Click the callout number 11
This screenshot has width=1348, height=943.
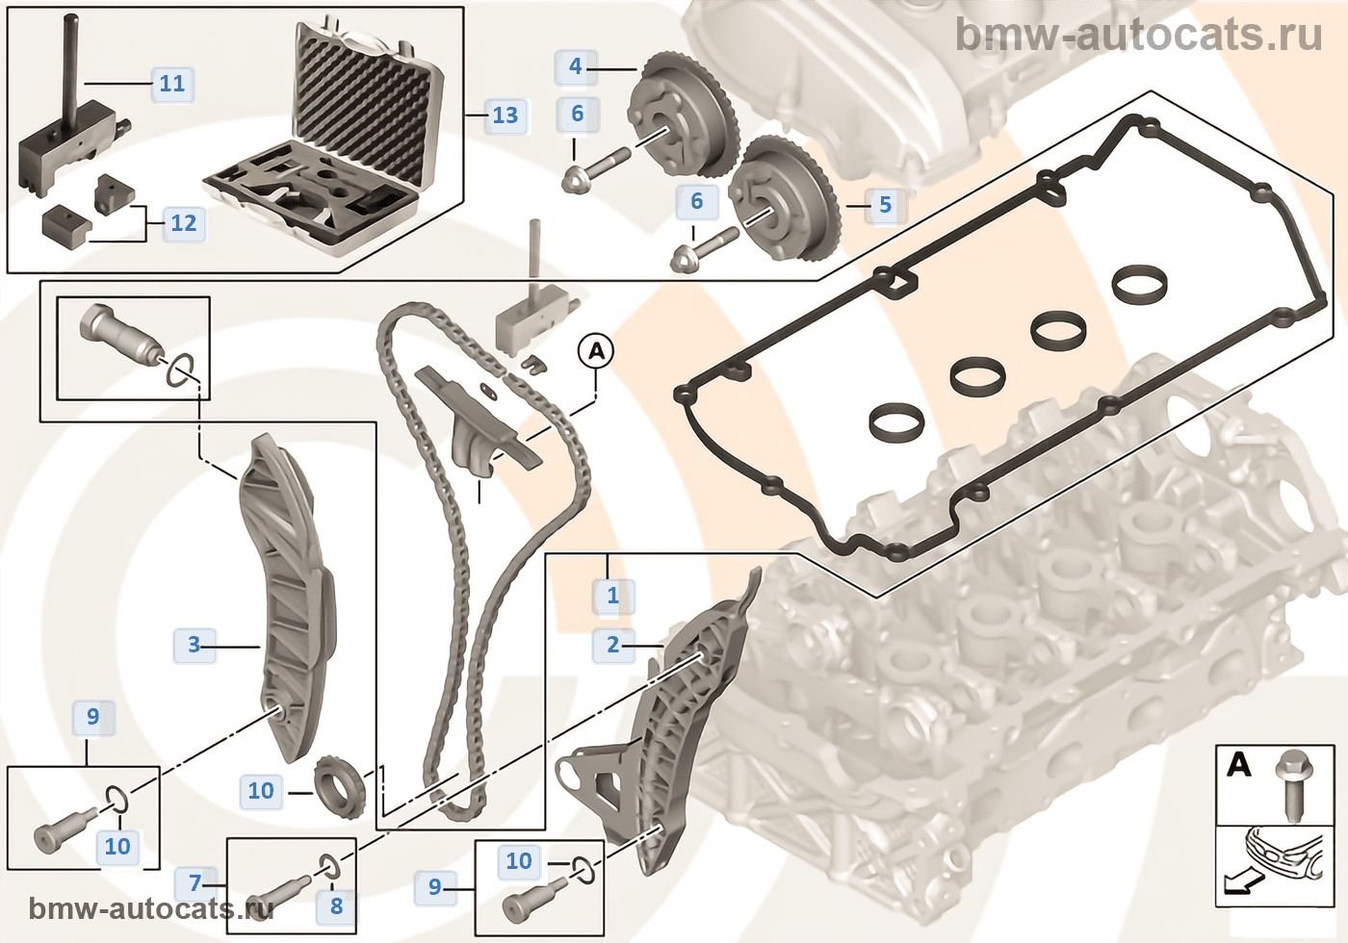(172, 83)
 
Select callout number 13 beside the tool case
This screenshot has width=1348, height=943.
(505, 115)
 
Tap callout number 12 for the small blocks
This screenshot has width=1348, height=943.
(184, 223)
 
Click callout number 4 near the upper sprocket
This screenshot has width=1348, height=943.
(576, 66)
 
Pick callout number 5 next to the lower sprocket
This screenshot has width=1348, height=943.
(885, 204)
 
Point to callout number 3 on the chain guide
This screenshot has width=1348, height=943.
(194, 645)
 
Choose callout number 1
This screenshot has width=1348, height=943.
(612, 596)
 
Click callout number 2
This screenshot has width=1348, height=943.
(612, 645)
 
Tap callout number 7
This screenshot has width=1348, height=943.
(194, 883)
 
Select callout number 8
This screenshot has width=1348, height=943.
(336, 905)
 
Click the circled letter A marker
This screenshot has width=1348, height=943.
(596, 351)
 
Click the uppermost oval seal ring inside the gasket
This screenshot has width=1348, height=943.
(1140, 285)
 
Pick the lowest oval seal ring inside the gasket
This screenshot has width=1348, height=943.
(897, 422)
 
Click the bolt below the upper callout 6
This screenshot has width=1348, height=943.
(596, 170)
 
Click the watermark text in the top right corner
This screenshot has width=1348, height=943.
(1139, 34)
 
